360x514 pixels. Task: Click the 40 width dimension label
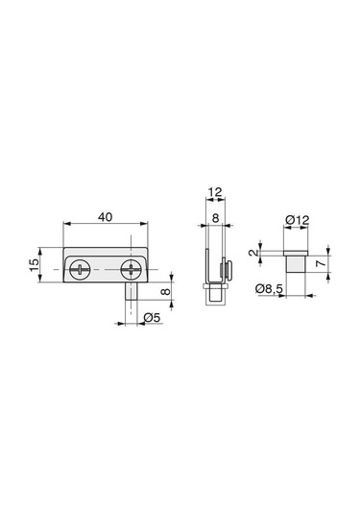(106, 217)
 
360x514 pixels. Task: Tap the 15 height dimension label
(35, 265)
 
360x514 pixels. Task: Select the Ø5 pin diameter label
(153, 317)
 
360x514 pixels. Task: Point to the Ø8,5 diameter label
(269, 289)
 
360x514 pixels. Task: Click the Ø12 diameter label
(297, 220)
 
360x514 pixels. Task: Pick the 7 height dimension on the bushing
(321, 263)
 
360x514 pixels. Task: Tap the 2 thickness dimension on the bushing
(252, 253)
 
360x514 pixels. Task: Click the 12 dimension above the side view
(215, 192)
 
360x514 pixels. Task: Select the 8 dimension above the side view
(215, 218)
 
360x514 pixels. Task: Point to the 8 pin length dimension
(166, 291)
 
